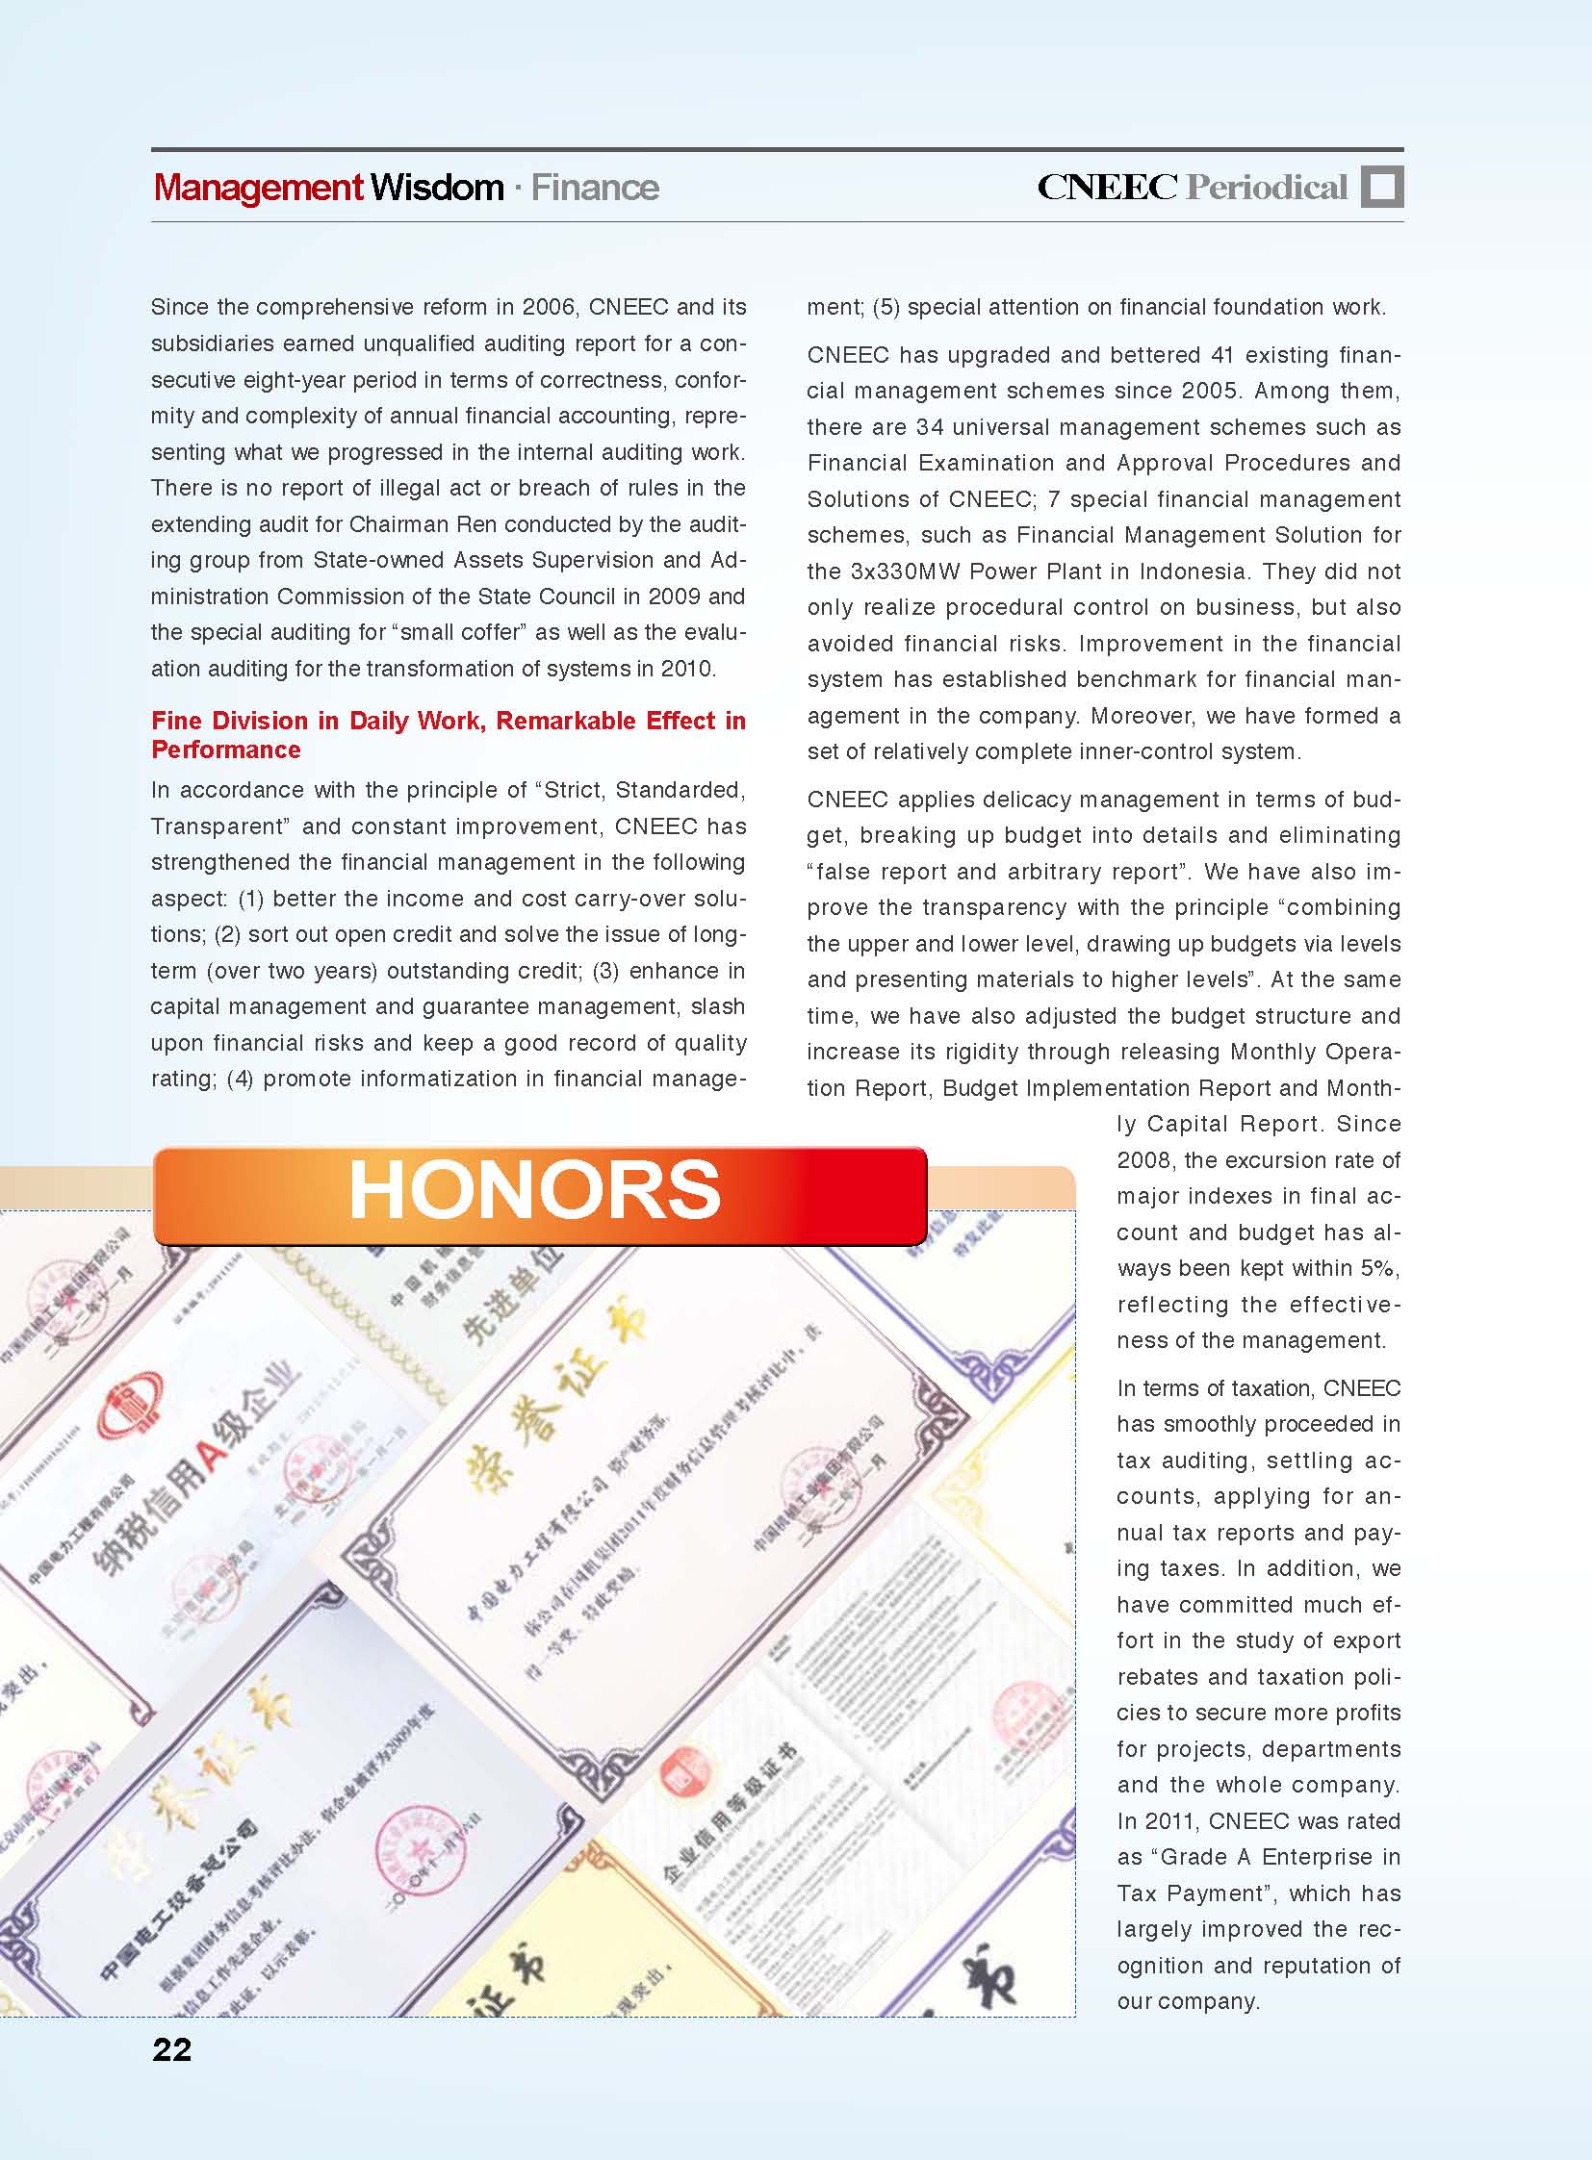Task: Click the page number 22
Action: tap(171, 2049)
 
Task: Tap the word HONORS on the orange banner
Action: tap(535, 1190)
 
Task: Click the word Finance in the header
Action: tap(595, 187)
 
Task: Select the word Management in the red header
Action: tap(258, 187)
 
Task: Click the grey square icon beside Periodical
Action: tap(1382, 187)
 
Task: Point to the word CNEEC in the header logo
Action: tap(1106, 187)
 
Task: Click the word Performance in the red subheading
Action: tap(226, 750)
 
